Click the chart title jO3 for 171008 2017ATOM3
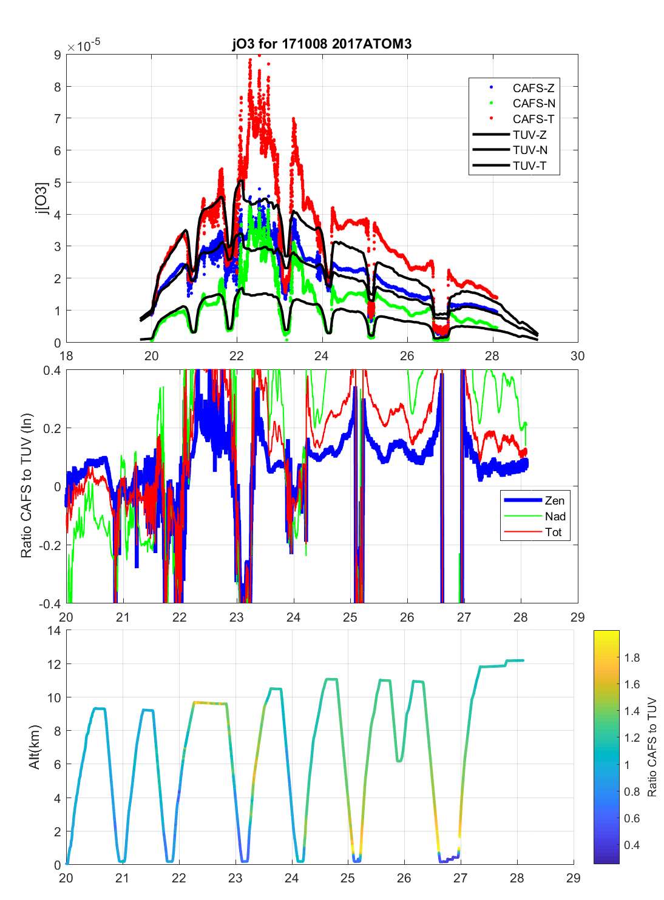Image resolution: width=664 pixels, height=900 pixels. click(322, 44)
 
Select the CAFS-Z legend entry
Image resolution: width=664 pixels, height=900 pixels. click(533, 88)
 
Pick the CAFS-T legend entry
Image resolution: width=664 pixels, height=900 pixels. click(533, 119)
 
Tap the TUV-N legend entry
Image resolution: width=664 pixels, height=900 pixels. click(530, 150)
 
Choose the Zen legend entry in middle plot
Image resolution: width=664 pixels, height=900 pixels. click(554, 500)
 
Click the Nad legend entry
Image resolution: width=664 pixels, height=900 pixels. click(555, 516)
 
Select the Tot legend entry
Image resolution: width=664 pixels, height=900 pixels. click(553, 532)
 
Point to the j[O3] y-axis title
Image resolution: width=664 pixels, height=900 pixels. click(41, 198)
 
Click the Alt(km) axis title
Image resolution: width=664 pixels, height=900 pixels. click(34, 747)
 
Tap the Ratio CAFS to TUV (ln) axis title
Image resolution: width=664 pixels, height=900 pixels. click(26, 486)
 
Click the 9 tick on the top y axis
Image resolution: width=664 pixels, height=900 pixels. click(58, 55)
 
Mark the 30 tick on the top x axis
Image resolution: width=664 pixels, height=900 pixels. click(577, 356)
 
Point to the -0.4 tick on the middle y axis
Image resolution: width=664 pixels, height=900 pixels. click(50, 603)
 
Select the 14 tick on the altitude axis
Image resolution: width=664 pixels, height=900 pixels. click(54, 631)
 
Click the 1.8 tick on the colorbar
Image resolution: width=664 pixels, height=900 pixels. click(632, 657)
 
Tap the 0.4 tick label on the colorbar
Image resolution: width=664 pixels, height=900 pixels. click(632, 845)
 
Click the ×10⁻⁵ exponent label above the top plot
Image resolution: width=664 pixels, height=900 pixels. click(84, 46)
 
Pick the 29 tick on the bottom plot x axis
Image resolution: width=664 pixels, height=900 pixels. click(573, 878)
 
